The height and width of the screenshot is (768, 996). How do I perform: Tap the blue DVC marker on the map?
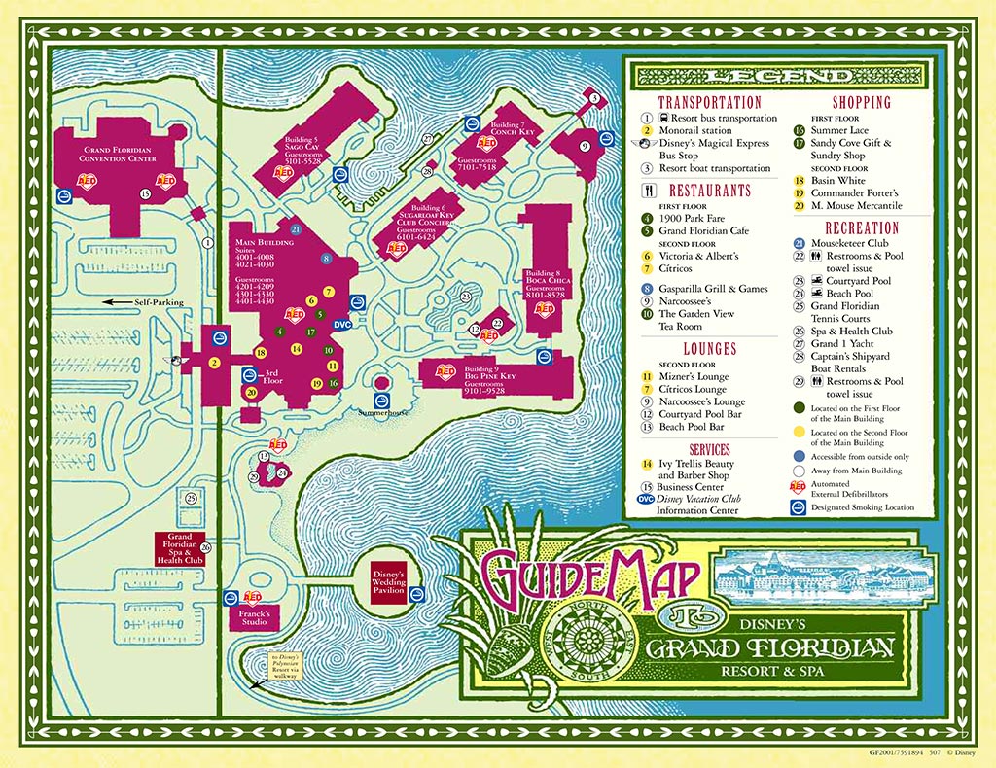pyautogui.click(x=341, y=325)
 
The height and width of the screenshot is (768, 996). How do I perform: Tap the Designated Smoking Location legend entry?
pyautogui.click(x=859, y=507)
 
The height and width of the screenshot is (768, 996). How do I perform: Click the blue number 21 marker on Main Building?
pyautogui.click(x=297, y=229)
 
